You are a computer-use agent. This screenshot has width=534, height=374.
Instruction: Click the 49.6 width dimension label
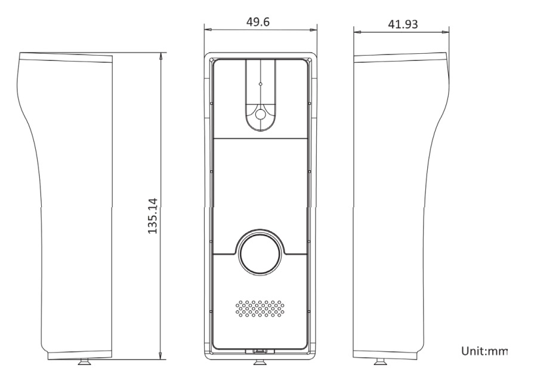258,22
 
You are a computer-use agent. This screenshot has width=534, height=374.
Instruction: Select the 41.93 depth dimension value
403,24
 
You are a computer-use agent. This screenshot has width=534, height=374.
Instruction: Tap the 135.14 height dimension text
153,216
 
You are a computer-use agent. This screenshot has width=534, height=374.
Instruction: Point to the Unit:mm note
484,351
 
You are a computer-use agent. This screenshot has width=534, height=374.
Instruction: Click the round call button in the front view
261,252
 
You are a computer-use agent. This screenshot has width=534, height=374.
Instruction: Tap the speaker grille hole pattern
260,308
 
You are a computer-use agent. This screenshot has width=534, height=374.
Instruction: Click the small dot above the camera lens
261,84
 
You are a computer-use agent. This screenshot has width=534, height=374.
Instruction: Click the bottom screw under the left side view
85,362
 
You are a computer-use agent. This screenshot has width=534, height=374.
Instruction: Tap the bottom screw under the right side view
381,362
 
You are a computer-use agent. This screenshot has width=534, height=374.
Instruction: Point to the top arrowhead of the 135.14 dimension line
160,57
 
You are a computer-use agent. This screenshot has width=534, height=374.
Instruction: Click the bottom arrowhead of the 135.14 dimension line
160,355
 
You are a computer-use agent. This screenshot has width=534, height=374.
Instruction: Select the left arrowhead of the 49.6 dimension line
208,29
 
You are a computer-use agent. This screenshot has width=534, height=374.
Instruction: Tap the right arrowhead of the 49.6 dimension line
313,29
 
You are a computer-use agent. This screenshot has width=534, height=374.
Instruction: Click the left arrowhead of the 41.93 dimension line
357,32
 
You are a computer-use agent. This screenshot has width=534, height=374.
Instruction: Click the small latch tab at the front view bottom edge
260,351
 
